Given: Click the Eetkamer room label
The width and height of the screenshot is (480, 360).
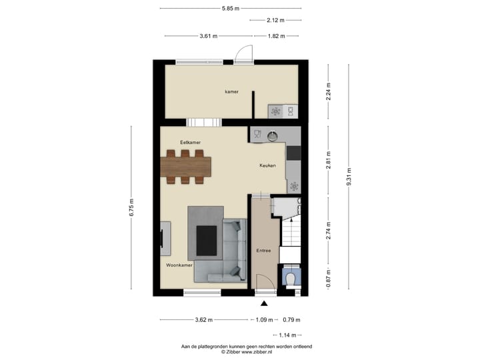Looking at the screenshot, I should [x=190, y=143].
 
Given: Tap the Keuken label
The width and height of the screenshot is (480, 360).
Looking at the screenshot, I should [x=267, y=165].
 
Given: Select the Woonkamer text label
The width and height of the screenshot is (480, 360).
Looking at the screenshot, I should [x=179, y=265].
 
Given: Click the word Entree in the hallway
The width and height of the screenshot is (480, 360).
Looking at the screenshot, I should [x=263, y=251].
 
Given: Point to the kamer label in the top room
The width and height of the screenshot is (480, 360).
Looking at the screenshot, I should [x=231, y=92].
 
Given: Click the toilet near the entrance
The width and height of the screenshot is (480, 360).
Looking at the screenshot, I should [x=290, y=277].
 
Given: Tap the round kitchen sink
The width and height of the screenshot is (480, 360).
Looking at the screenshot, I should [x=273, y=135].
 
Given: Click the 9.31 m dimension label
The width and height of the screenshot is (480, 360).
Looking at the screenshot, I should [x=348, y=177].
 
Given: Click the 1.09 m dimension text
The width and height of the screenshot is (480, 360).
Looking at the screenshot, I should [x=265, y=320].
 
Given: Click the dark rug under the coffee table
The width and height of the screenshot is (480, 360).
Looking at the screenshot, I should [x=206, y=241].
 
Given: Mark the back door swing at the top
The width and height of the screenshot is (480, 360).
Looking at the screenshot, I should [x=243, y=53].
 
